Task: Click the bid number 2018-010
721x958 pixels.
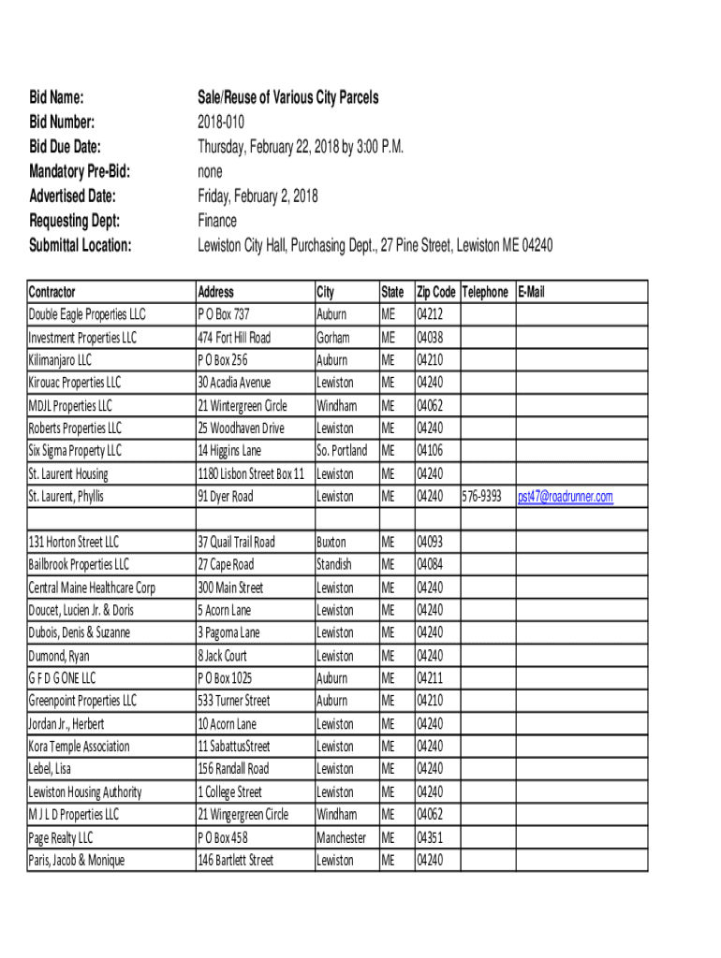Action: [223, 122]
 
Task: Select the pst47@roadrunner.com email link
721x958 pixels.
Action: [565, 497]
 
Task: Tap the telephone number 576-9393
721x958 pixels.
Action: [482, 497]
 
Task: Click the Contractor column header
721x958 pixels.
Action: [52, 292]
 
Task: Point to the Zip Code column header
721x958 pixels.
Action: [435, 292]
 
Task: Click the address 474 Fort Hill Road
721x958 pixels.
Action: [234, 338]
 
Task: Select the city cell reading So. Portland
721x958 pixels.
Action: [342, 451]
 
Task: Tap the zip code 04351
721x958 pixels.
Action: [430, 838]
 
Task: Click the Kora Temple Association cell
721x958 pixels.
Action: [80, 747]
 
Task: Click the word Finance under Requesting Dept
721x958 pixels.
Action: [217, 221]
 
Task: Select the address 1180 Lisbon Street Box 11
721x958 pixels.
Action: [251, 474]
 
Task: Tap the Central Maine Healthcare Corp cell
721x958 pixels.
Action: [92, 588]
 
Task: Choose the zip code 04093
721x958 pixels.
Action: [430, 543]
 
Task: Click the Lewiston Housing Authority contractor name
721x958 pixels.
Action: [85, 792]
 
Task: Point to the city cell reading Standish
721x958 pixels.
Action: [334, 565]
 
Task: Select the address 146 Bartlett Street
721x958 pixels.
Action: [236, 861]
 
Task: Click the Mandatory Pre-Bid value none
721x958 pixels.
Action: [210, 171]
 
